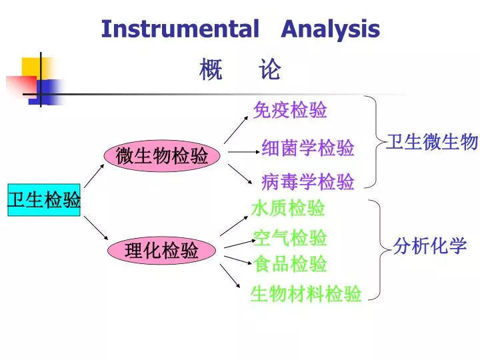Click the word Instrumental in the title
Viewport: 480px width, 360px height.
(180, 29)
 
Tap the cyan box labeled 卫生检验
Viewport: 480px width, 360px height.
(44, 199)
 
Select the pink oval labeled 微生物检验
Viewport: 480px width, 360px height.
(162, 156)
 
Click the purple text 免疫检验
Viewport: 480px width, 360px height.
(290, 110)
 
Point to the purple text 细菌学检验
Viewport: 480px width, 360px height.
(307, 148)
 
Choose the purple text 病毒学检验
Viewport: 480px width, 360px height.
(307, 181)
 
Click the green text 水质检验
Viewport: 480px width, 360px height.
(288, 208)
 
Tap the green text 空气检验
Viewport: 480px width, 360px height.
(290, 237)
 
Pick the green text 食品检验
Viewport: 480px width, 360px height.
(290, 264)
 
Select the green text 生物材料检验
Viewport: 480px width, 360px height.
(306, 293)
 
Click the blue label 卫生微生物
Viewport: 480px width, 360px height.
(433, 142)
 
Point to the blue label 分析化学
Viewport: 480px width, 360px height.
(430, 246)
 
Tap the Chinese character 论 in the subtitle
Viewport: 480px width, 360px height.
(269, 69)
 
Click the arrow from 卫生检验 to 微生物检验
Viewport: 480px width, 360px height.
(94, 176)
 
